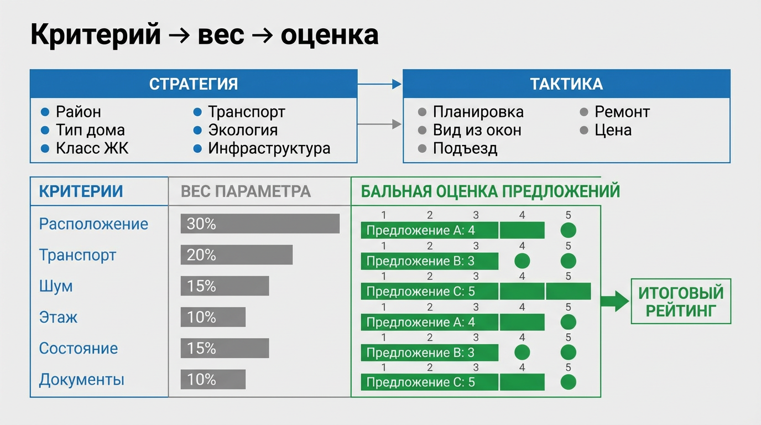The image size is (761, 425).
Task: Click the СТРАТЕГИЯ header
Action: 194,84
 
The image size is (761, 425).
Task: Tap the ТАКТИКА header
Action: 566,84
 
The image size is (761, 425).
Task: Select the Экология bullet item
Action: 242,130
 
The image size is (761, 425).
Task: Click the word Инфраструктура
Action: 269,148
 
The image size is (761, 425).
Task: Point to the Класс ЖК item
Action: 92,148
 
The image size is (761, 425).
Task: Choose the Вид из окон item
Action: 477,130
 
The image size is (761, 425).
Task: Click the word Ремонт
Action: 622,112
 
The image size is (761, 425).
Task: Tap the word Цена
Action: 613,130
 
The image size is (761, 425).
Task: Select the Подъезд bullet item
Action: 465,148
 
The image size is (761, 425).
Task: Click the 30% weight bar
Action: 260,224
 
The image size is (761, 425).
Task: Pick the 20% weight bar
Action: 237,255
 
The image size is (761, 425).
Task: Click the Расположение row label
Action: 93,224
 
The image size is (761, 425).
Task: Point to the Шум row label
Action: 56,286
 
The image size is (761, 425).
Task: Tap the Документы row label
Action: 81,380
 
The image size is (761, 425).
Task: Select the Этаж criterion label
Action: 58,317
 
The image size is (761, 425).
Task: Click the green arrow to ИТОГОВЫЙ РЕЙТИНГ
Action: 614,302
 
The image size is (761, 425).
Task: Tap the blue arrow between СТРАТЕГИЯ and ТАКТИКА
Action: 379,84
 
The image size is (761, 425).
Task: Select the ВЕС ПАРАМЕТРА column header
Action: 246,191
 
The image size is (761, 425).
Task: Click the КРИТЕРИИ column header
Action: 81,191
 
